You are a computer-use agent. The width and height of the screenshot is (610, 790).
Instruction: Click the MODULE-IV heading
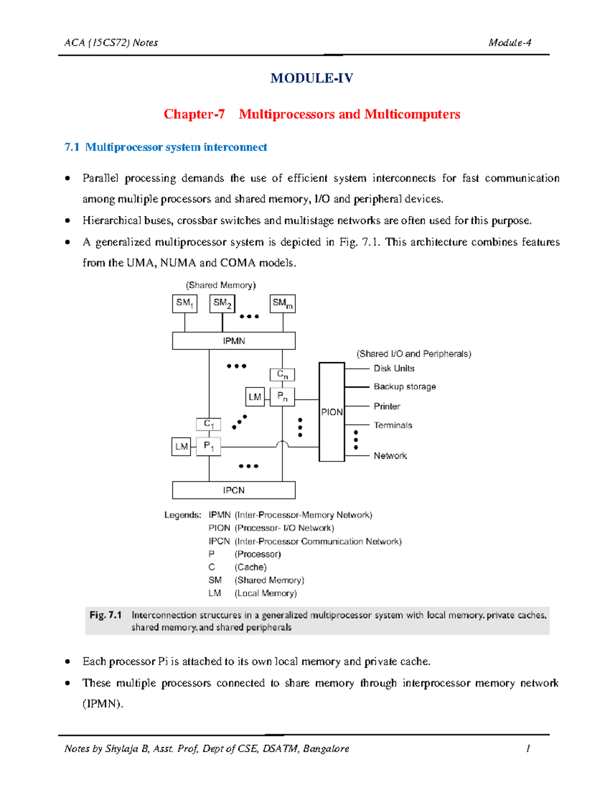coord(312,78)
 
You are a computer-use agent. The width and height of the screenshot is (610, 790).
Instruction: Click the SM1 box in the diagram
coord(184,304)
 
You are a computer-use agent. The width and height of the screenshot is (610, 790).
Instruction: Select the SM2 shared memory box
coord(222,304)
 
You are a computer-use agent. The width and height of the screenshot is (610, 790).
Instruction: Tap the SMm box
coord(282,304)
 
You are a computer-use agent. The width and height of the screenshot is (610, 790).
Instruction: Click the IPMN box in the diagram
coord(233,341)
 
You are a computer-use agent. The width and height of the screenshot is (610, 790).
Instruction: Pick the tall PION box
coord(331,412)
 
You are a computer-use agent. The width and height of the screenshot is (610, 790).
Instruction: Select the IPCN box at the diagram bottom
coord(233,490)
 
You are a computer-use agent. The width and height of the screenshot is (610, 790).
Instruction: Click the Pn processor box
coord(282,396)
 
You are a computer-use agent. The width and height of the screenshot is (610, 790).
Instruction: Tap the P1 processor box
coord(208,446)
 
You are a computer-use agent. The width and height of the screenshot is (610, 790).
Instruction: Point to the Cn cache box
coord(282,374)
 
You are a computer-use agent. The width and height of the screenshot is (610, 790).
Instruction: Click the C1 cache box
coord(208,424)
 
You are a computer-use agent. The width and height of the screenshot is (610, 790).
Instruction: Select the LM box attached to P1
coord(181,447)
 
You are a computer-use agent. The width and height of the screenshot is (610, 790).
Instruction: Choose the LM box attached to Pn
coord(255,397)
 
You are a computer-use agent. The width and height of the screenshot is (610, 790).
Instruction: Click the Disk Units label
coord(394,368)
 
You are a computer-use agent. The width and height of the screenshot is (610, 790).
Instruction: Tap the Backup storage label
coord(405,387)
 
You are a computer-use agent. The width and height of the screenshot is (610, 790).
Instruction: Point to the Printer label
coord(387,406)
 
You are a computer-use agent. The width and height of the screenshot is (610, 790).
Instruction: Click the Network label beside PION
coord(390,456)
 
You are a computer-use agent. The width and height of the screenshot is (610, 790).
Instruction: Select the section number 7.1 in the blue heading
coord(72,147)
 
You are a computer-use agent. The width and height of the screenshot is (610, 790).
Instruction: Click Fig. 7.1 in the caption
coord(106,615)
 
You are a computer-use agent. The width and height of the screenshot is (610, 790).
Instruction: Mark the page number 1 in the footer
coord(528,748)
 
